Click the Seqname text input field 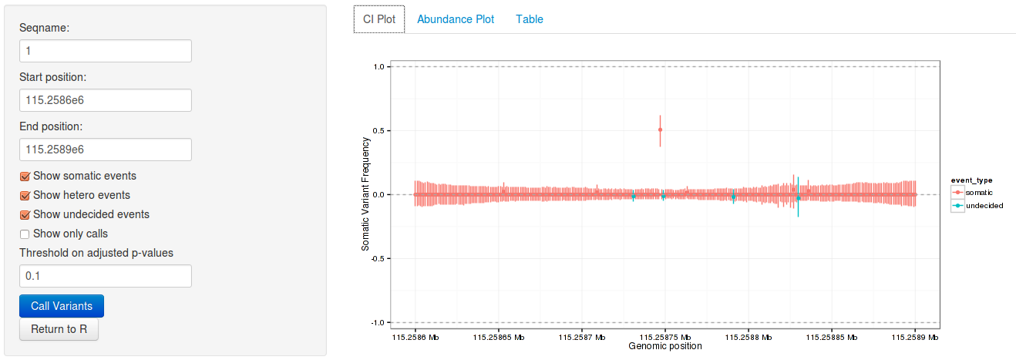tap(105, 51)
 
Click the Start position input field tap(105, 100)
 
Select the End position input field tap(105, 150)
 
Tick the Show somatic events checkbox tap(25, 176)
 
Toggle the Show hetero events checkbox tap(25, 195)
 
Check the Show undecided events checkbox tap(25, 214)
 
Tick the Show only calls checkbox tap(25, 234)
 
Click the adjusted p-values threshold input tap(105, 276)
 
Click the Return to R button tap(59, 329)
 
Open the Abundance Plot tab tap(456, 19)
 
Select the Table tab tap(530, 19)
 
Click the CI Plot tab tap(379, 19)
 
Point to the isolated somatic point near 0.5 tap(660, 130)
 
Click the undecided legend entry tap(975, 206)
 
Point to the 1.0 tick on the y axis tap(378, 67)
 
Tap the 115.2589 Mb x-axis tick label tap(916, 337)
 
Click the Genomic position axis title tap(665, 347)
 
